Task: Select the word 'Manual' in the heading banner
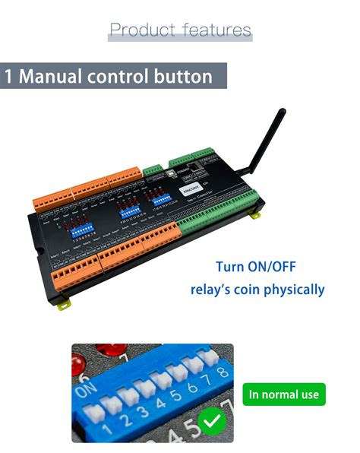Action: [58, 77]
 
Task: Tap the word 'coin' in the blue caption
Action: [242, 290]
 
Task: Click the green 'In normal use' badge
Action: [284, 394]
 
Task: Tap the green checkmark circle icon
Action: [210, 421]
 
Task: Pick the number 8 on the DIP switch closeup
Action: [223, 372]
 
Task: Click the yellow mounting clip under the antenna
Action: [255, 216]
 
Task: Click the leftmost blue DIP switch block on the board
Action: [84, 227]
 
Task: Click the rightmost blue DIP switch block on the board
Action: [163, 201]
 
